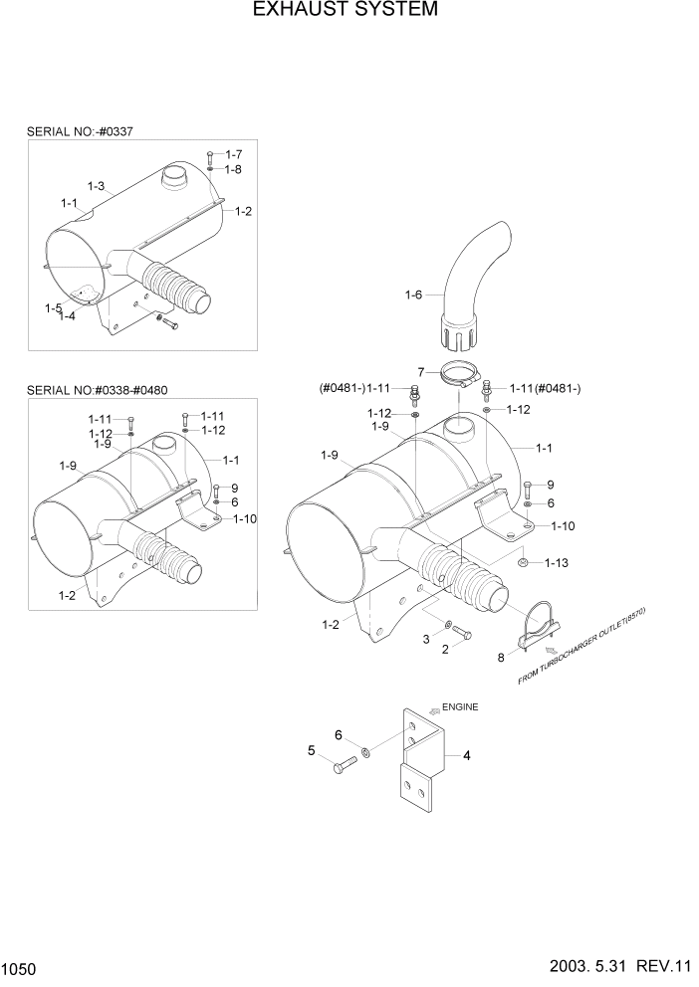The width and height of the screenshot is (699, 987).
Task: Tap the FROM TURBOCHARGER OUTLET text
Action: pyautogui.click(x=583, y=648)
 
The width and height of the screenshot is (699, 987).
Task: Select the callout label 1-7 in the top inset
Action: pyautogui.click(x=234, y=154)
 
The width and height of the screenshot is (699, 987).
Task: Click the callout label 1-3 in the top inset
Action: pyautogui.click(x=97, y=186)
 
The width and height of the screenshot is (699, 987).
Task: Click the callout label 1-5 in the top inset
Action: pyautogui.click(x=53, y=308)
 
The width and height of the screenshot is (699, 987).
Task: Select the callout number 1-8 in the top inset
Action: pyautogui.click(x=233, y=169)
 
